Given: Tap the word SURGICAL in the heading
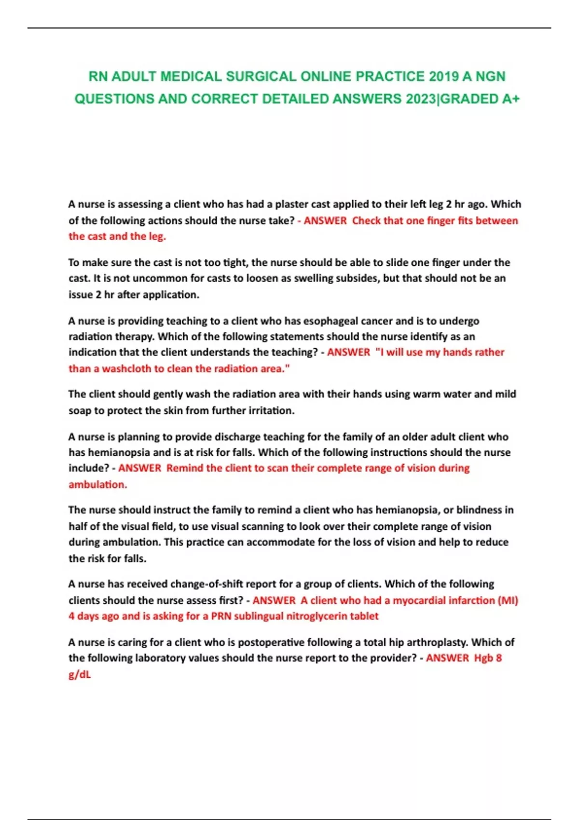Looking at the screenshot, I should click(x=261, y=77).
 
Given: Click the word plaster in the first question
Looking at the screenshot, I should click(x=292, y=204).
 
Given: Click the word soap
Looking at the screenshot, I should click(x=80, y=411).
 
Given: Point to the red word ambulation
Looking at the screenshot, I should click(x=97, y=484).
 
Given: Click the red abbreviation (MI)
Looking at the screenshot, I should click(x=508, y=601).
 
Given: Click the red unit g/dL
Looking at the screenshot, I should click(x=80, y=674).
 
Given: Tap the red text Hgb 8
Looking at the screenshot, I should click(x=488, y=658).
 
